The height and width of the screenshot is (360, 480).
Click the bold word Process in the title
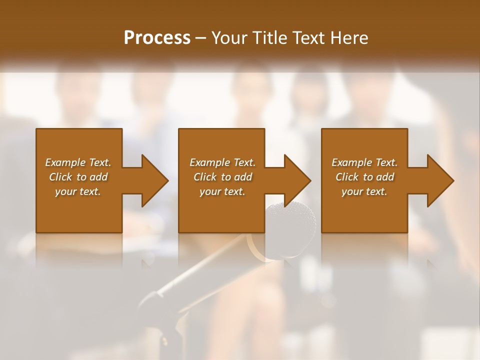(x=157, y=38)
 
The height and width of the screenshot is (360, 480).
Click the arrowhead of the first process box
(x=152, y=180)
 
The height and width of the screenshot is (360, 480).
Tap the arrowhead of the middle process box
(x=295, y=180)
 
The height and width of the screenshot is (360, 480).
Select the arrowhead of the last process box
(x=438, y=180)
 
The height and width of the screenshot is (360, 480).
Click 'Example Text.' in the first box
(x=78, y=162)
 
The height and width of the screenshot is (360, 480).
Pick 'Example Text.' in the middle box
(x=222, y=162)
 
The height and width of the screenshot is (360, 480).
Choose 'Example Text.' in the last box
(x=364, y=162)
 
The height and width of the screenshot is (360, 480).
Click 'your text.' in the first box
(x=78, y=191)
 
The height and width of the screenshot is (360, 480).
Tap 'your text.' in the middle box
(x=222, y=191)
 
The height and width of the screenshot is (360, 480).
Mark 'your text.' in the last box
(x=364, y=191)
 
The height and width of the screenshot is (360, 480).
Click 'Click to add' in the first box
(x=78, y=177)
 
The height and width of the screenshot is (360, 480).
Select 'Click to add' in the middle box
(x=222, y=177)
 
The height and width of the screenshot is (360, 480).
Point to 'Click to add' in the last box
(x=364, y=177)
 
